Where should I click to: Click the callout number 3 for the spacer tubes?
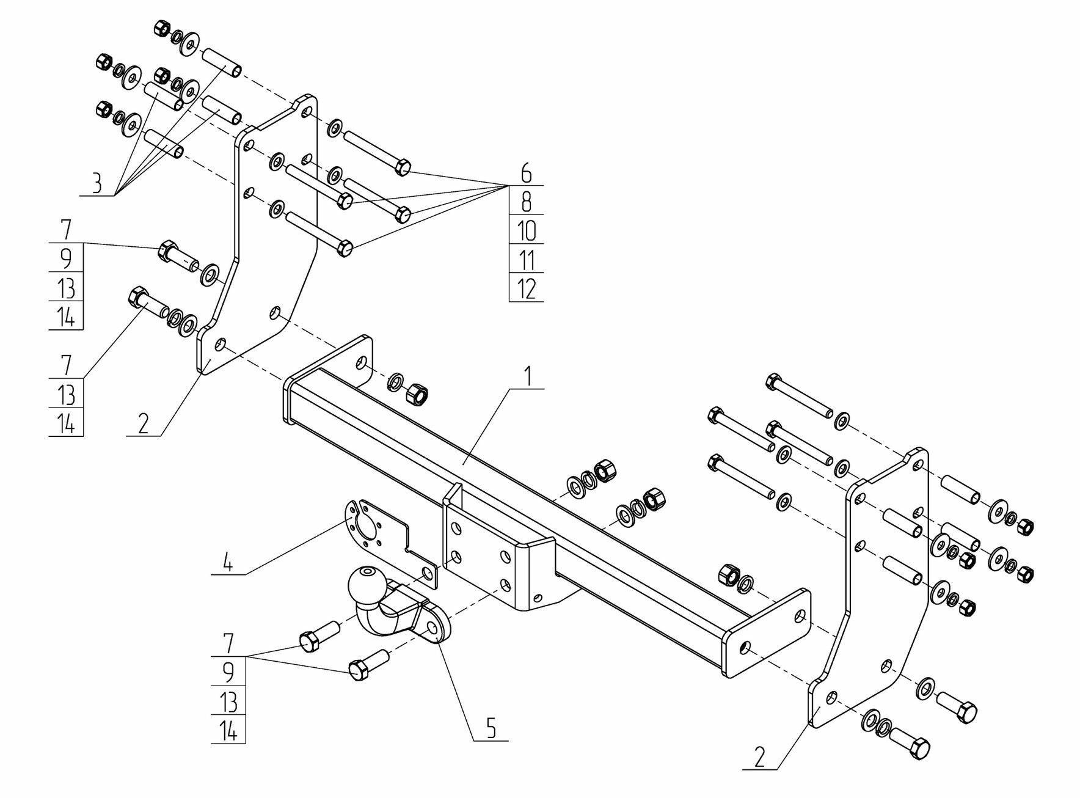96,184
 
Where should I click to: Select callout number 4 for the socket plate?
227,563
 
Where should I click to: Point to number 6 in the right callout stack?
526,174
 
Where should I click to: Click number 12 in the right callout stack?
526,288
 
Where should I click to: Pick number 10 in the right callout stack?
526,231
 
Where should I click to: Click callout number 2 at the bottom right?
759,758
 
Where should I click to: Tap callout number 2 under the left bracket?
143,423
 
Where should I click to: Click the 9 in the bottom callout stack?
228,672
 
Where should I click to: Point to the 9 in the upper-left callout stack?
66,259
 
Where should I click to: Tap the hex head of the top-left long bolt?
403,167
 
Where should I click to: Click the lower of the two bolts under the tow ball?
360,670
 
